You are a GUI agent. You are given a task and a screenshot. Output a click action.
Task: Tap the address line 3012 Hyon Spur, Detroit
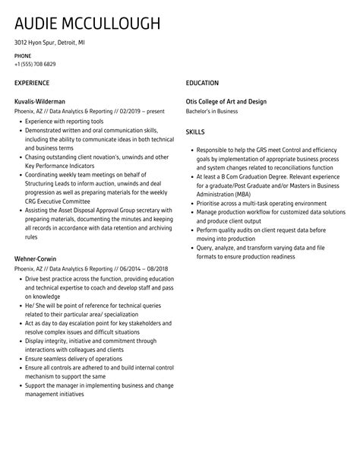pyautogui.click(x=49, y=43)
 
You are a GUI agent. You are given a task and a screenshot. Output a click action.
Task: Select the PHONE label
pyautogui.click(x=23, y=56)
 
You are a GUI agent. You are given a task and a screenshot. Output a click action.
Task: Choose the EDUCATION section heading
pyautogui.click(x=202, y=83)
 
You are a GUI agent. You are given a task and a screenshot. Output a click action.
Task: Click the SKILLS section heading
pyautogui.click(x=195, y=132)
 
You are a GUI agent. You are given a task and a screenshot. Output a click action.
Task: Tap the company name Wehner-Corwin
pyautogui.click(x=36, y=259)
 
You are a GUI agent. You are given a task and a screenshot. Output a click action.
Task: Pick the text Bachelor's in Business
pyautogui.click(x=212, y=111)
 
